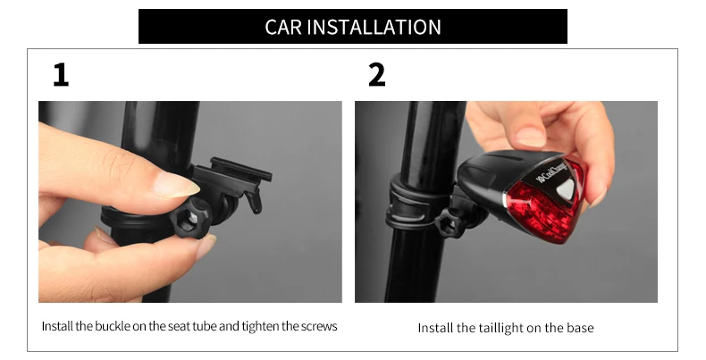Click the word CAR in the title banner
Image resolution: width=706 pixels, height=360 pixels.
coord(283,27)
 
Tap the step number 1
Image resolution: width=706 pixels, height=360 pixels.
coord(61,76)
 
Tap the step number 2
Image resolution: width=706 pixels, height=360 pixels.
coord(376,76)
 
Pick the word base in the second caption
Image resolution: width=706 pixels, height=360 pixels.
coord(579,328)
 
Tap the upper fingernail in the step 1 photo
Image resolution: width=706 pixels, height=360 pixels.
coord(177,185)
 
